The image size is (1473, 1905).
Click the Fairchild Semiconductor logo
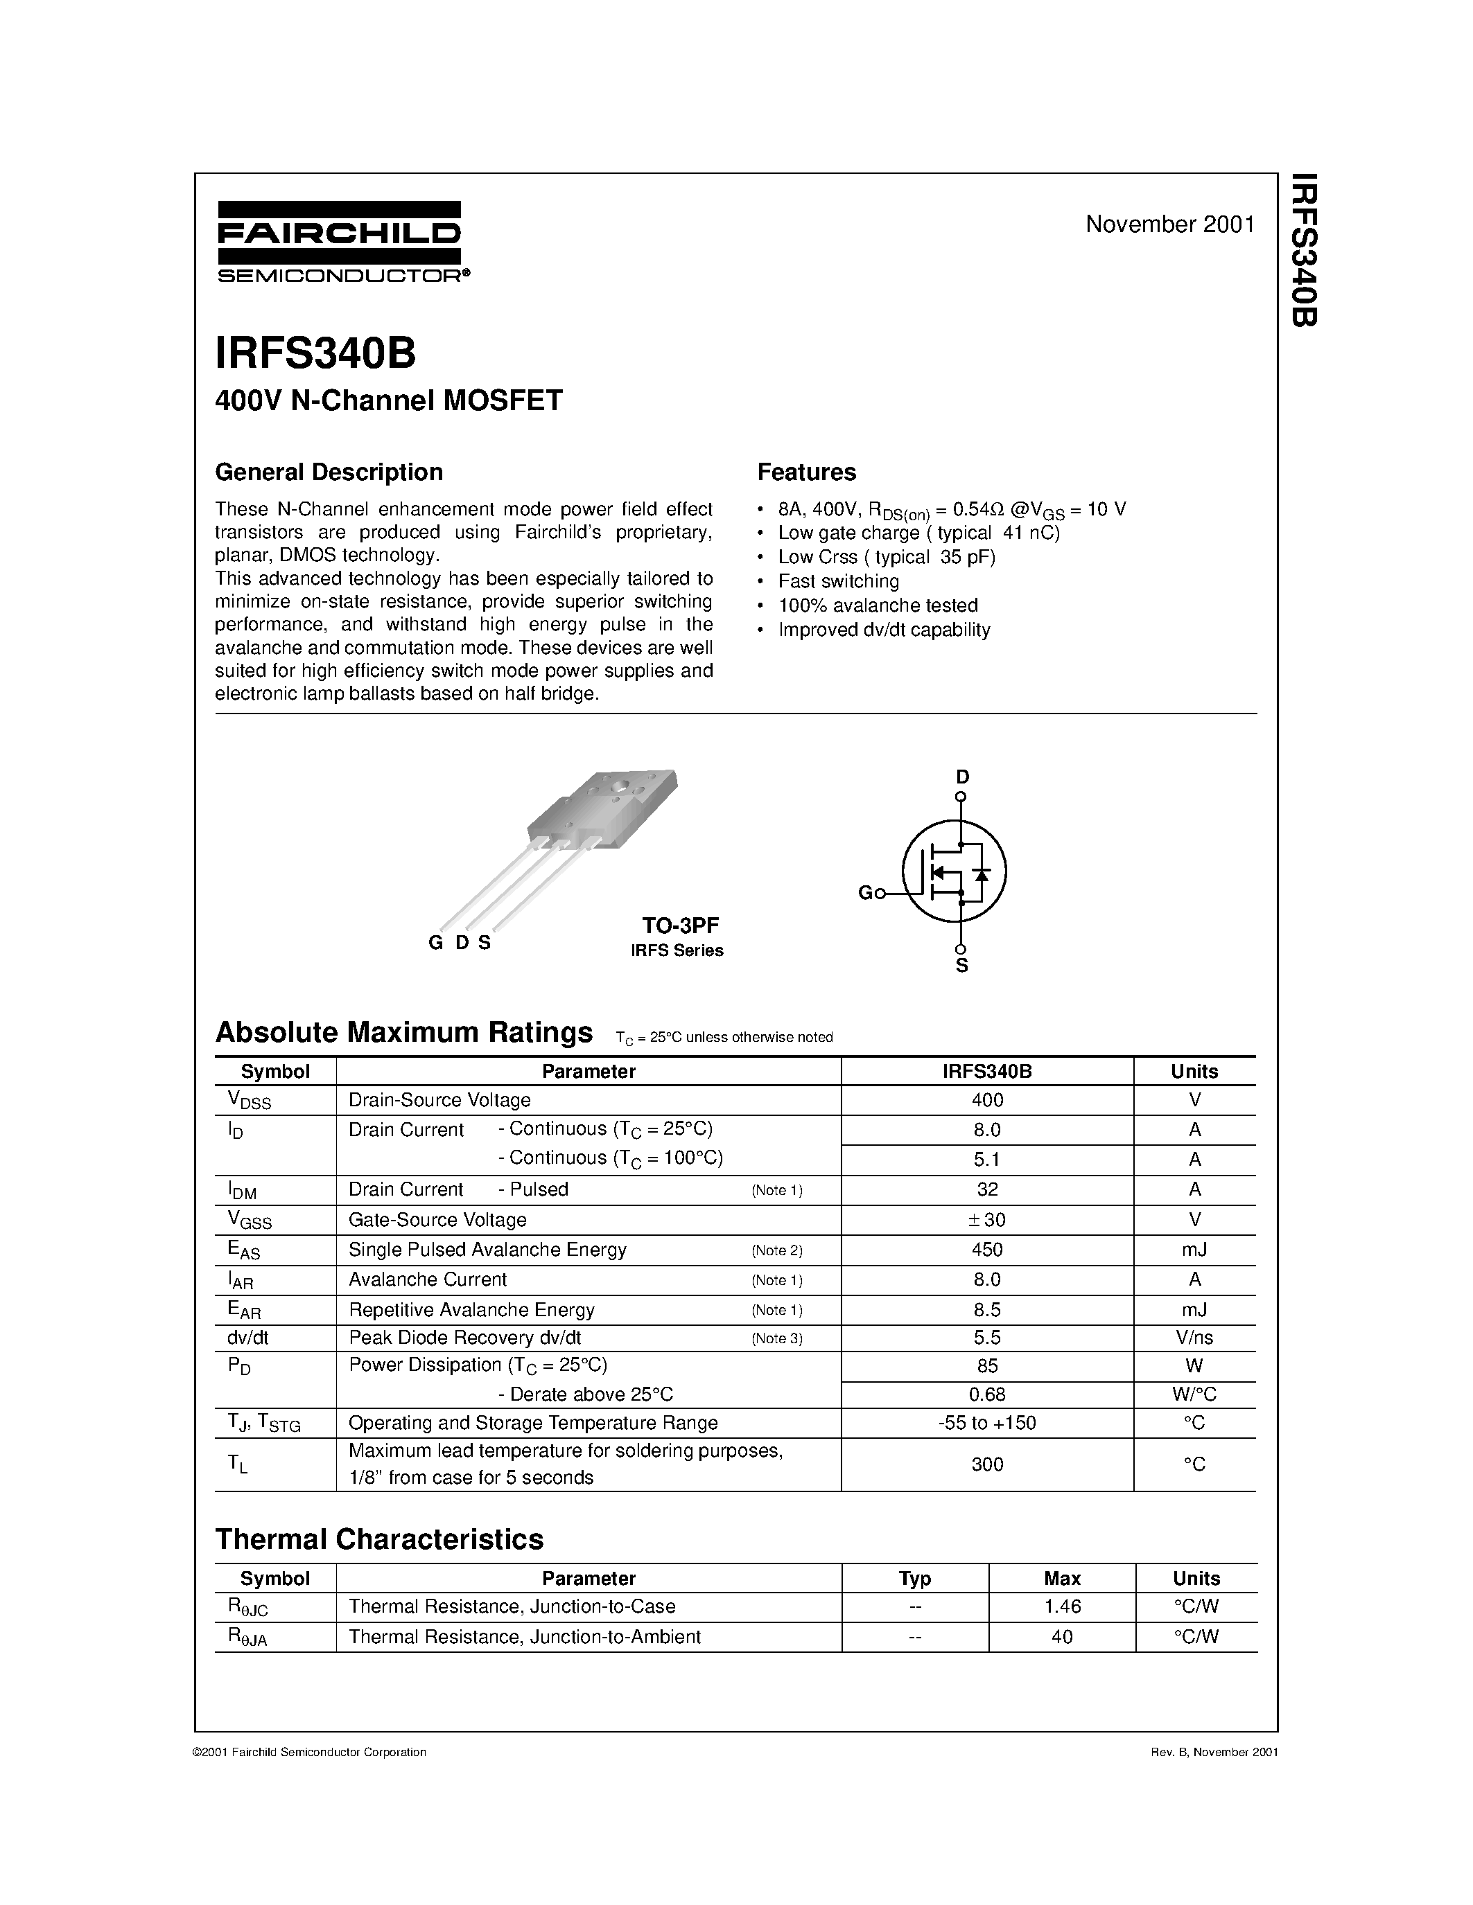coord(340,242)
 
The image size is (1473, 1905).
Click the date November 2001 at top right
coord(1169,224)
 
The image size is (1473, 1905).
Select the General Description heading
coord(329,472)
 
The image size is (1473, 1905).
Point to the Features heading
coord(806,472)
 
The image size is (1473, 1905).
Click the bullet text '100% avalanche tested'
coord(878,605)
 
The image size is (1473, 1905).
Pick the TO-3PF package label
coord(681,925)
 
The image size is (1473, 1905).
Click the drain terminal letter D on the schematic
coord(961,777)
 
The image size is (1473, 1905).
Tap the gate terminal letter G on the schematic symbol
coord(865,892)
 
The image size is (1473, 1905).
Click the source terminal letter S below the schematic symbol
coord(961,966)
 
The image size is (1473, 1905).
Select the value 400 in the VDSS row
coord(987,1100)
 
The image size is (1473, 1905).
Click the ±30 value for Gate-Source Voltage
coord(987,1219)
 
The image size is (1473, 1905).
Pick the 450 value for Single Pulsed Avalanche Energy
coord(987,1249)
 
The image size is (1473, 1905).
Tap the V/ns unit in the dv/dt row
coord(1194,1337)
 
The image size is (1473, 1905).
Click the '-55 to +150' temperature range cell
coord(987,1423)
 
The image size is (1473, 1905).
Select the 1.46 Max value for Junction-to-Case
coord(1062,1606)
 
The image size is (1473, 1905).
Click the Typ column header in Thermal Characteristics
coord(914,1578)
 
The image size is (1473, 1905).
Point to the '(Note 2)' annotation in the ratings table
coord(776,1250)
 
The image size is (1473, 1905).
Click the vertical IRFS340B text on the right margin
coord(1303,250)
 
